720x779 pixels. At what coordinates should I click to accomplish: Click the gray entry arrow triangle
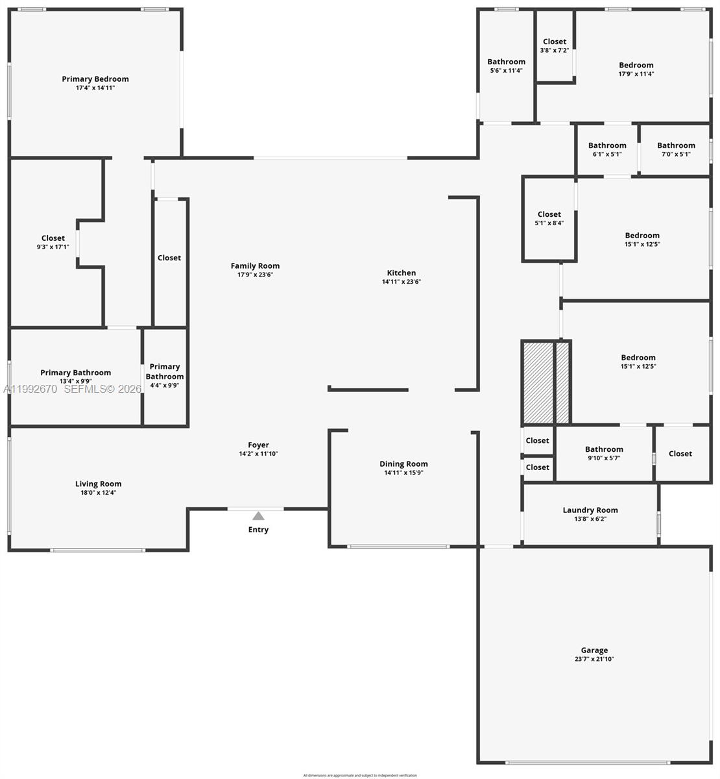pyautogui.click(x=258, y=516)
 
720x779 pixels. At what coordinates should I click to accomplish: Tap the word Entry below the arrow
pyautogui.click(x=258, y=530)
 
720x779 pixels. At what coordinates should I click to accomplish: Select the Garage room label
pyautogui.click(x=594, y=650)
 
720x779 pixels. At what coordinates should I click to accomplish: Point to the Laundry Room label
pyautogui.click(x=590, y=510)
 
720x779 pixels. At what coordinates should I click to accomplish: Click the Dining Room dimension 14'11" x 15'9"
pyautogui.click(x=403, y=473)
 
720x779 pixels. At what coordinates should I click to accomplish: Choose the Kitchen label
pyautogui.click(x=402, y=273)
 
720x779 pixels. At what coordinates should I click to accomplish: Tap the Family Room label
pyautogui.click(x=255, y=266)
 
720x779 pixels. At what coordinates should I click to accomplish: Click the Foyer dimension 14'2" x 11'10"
pyautogui.click(x=258, y=454)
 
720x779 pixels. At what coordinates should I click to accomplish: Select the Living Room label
pyautogui.click(x=99, y=484)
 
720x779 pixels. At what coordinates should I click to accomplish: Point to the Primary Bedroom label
pyautogui.click(x=95, y=79)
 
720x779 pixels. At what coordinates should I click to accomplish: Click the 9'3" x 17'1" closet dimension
pyautogui.click(x=53, y=247)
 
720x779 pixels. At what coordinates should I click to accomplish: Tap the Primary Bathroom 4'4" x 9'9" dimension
pyautogui.click(x=165, y=385)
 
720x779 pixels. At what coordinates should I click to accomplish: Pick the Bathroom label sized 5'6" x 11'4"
pyautogui.click(x=507, y=62)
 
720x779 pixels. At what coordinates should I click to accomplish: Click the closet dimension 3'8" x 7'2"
pyautogui.click(x=555, y=50)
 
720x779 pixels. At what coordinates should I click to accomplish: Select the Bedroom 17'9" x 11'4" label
pyautogui.click(x=636, y=65)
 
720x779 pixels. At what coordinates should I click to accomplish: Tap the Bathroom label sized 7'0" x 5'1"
pyautogui.click(x=676, y=145)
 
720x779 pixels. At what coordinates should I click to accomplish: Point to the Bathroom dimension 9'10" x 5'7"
pyautogui.click(x=604, y=458)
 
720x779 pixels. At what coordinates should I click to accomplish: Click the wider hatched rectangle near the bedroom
pyautogui.click(x=538, y=382)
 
